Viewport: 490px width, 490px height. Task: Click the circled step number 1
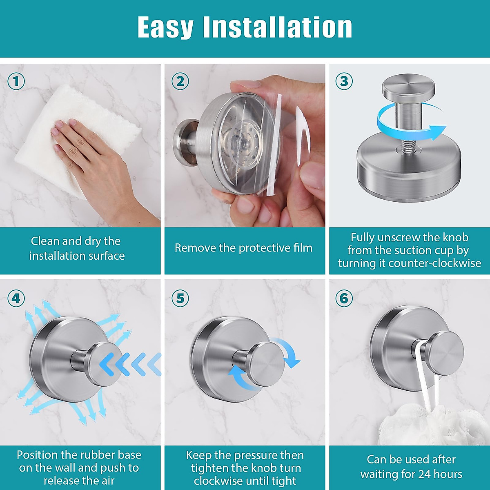point(16,81)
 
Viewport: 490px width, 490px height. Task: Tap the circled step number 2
point(180,81)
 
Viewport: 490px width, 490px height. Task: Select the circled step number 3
point(344,81)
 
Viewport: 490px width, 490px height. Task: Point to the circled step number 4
point(16,298)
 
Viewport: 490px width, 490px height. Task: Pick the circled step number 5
point(180,298)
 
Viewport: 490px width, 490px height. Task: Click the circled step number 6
point(344,298)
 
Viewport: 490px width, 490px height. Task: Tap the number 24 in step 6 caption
point(422,474)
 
